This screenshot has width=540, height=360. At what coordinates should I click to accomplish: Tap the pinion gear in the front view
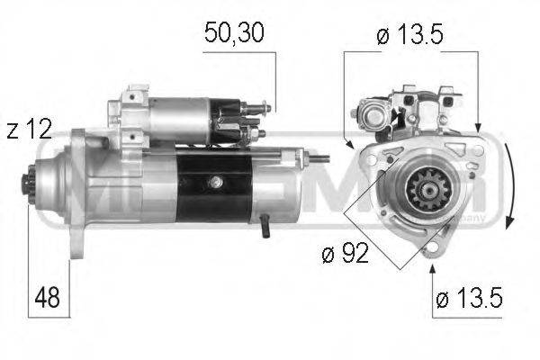(419, 192)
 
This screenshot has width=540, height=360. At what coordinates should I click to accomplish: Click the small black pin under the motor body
(265, 229)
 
